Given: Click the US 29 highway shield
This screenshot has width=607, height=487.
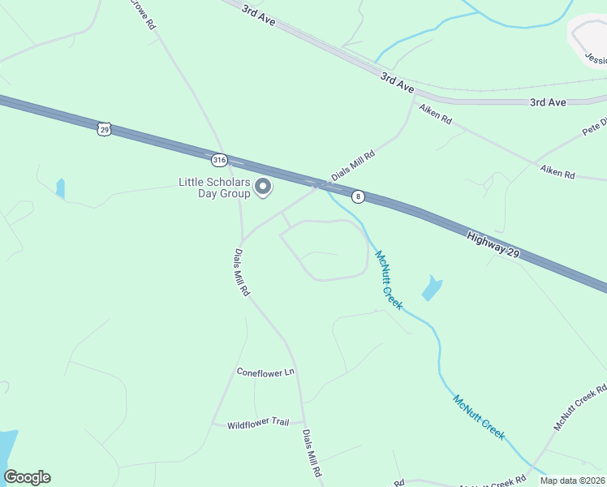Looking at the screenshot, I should click(103, 129).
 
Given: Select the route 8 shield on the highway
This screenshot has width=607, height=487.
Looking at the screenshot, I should click(358, 196).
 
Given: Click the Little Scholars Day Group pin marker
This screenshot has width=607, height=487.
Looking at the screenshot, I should click(263, 188).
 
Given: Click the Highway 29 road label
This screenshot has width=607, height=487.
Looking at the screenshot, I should click(493, 245).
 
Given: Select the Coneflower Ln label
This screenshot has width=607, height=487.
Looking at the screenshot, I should click(265, 373).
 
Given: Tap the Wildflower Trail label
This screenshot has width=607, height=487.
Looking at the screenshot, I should click(258, 423).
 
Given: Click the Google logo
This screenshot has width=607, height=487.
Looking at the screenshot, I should click(27, 477).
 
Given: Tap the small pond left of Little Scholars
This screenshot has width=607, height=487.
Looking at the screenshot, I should click(60, 188).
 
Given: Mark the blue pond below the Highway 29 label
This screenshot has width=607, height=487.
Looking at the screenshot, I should click(432, 287).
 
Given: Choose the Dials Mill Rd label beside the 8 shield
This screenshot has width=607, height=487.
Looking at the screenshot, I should click(352, 166).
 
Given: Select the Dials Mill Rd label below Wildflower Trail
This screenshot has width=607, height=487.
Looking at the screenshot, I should click(313, 453).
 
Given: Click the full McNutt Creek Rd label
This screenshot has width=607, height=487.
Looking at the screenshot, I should click(580, 407).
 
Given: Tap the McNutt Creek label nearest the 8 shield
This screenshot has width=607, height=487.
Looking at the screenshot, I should click(388, 279).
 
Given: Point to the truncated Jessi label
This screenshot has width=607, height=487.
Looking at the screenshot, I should click(596, 59).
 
